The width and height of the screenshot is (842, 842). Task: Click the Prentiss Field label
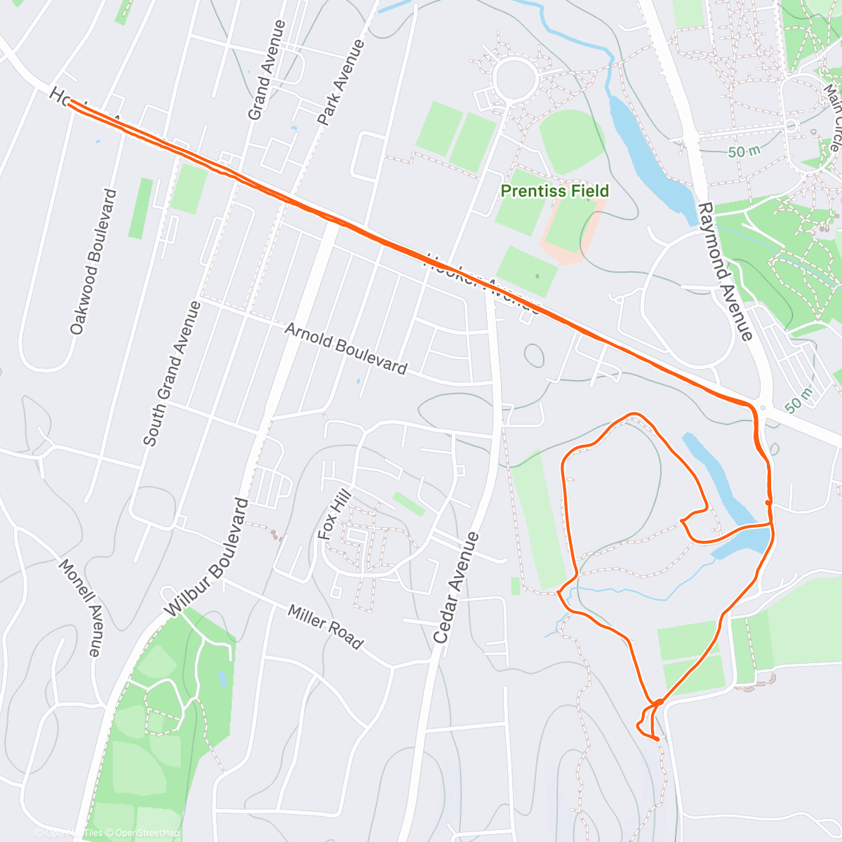click(554, 191)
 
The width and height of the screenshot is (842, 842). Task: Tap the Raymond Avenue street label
click(726, 272)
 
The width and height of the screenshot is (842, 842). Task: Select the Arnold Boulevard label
click(345, 348)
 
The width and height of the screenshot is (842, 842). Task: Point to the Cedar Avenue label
click(456, 588)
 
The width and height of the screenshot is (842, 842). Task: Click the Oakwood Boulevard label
click(93, 261)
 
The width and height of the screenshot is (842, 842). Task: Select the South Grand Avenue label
click(172, 373)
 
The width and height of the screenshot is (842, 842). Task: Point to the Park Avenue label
click(341, 82)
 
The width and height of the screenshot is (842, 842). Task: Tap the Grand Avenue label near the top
click(267, 69)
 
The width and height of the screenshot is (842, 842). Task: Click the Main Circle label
click(832, 117)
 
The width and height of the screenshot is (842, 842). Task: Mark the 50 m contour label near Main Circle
click(744, 152)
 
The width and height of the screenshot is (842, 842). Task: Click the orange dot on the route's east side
click(769, 502)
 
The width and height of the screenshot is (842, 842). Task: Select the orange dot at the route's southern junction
click(659, 701)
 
